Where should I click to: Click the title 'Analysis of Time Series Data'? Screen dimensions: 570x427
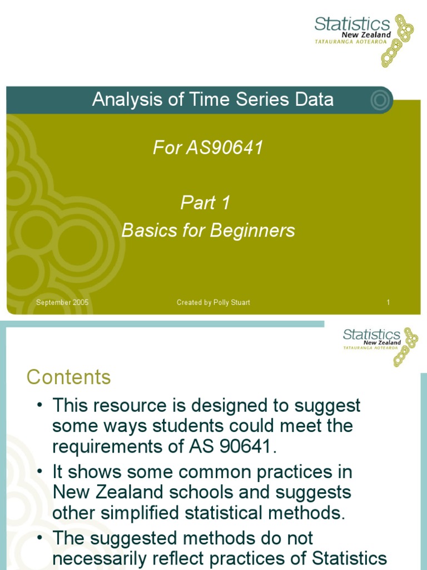pyautogui.click(x=213, y=100)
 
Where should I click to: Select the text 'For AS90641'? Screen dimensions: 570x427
pyautogui.click(x=208, y=148)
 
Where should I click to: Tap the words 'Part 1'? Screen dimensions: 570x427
pyautogui.click(x=205, y=203)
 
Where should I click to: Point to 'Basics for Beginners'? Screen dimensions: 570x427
pyautogui.click(x=208, y=230)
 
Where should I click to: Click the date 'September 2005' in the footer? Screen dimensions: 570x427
pyautogui.click(x=62, y=302)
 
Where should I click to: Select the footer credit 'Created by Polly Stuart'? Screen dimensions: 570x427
pyautogui.click(x=213, y=302)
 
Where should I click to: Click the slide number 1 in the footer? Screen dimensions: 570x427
pyautogui.click(x=388, y=302)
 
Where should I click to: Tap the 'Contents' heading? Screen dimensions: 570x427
pyautogui.click(x=68, y=377)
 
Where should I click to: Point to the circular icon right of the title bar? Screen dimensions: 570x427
pyautogui.click(x=380, y=100)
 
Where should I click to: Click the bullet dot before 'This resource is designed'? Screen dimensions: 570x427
pyautogui.click(x=40, y=405)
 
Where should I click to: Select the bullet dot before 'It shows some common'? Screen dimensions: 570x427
pyautogui.click(x=40, y=471)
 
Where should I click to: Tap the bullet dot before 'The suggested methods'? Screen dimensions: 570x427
pyautogui.click(x=40, y=538)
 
